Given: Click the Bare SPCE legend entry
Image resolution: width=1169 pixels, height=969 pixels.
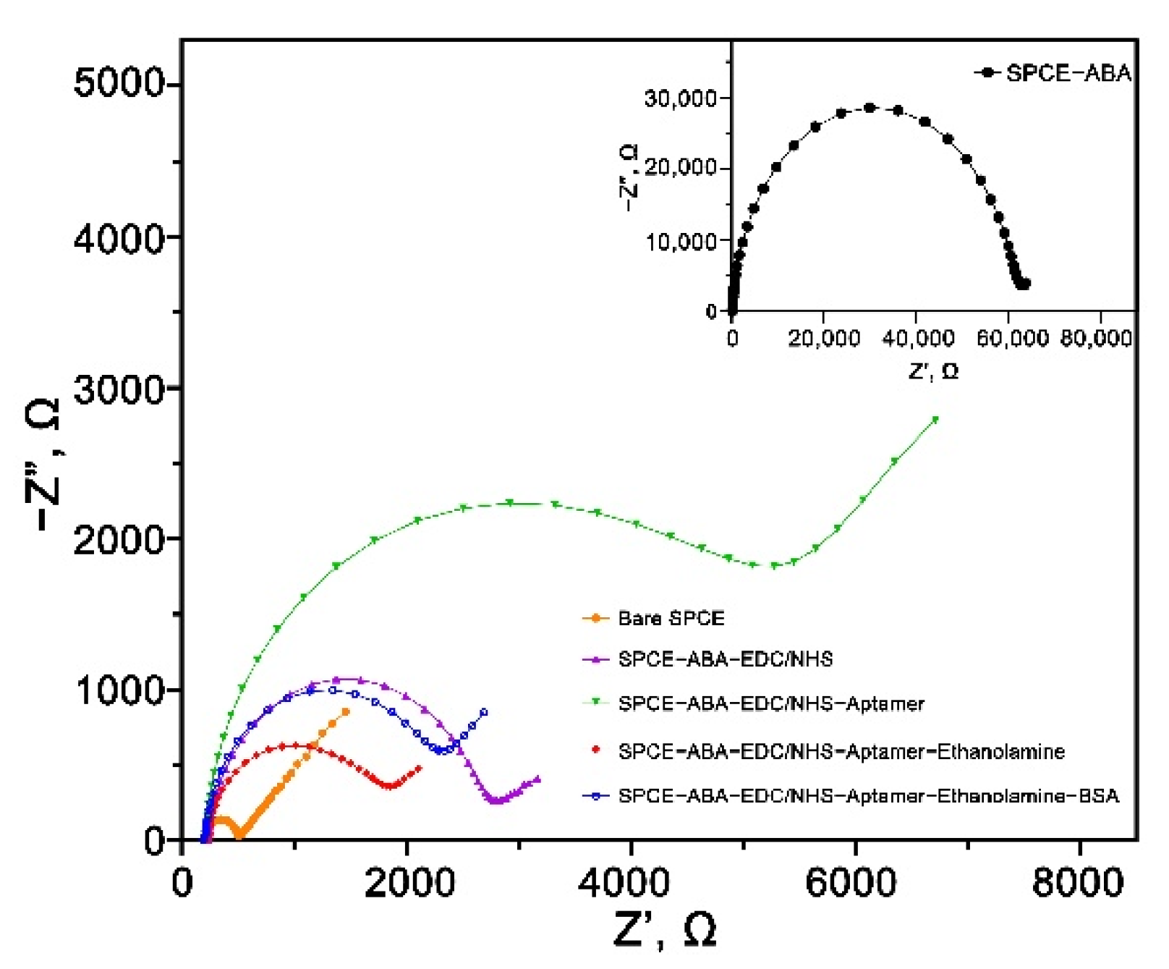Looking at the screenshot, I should (x=671, y=618).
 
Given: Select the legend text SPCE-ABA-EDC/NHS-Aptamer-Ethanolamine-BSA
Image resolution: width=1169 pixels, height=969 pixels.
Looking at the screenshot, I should (x=867, y=796).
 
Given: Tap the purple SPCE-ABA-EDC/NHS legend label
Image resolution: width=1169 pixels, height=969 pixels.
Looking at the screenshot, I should (x=725, y=659).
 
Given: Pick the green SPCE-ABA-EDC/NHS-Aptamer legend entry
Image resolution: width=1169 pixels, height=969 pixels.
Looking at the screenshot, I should (x=771, y=703).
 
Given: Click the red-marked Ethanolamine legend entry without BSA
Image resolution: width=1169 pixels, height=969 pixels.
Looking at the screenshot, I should (x=841, y=751).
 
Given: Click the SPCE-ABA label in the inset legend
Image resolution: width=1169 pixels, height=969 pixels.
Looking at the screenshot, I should (x=1068, y=73).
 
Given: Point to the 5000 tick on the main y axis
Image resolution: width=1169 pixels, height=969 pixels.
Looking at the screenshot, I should (x=120, y=84).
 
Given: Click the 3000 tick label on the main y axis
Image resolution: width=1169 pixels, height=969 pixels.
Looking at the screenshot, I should (x=120, y=389).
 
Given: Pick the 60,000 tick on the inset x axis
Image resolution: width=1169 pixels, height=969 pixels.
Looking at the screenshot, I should (x=1011, y=338).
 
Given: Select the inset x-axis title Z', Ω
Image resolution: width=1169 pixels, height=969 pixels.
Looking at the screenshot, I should (x=933, y=371).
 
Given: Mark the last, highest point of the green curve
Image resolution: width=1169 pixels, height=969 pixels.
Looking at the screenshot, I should (x=935, y=420).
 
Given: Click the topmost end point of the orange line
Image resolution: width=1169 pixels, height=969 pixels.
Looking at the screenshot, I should (x=345, y=712).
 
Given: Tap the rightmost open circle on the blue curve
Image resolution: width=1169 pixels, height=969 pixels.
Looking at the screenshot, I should (x=484, y=713).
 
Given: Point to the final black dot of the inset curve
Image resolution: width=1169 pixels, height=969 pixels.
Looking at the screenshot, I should (x=1025, y=284).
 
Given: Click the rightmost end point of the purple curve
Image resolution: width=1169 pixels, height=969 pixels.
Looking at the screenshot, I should (x=537, y=779).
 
